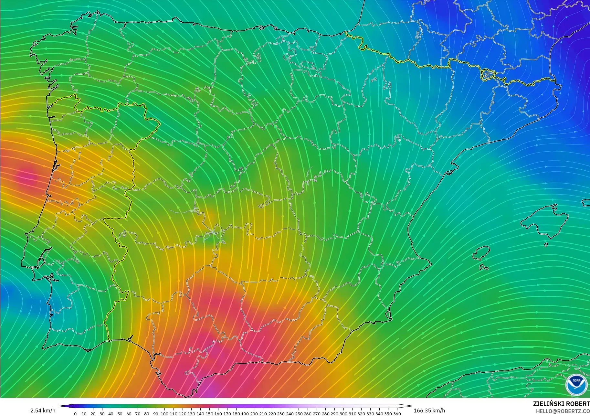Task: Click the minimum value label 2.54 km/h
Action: [x=43, y=411]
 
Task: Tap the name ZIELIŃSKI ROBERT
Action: [x=561, y=404]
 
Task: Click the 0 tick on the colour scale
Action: [x=75, y=414]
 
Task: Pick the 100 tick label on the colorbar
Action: [x=164, y=414]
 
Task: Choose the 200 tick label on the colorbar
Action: [x=254, y=414]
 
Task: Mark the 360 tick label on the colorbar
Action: [x=397, y=414]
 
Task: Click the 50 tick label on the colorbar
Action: [x=120, y=414]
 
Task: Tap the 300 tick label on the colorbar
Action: [x=343, y=414]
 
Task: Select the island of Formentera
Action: [x=483, y=267]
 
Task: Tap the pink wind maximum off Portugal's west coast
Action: [x=27, y=177]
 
